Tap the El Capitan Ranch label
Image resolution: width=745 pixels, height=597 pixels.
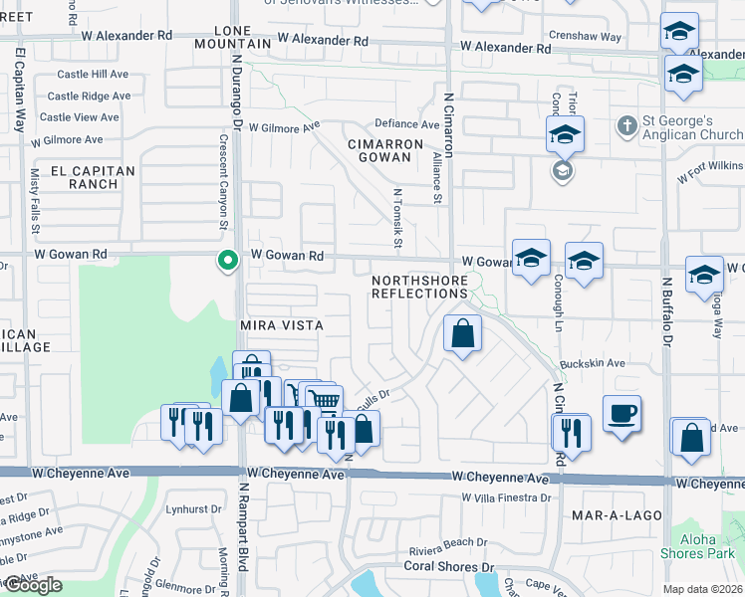pyautogui.click(x=88, y=177)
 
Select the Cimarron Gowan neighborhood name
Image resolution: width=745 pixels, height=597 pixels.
pyautogui.click(x=385, y=150)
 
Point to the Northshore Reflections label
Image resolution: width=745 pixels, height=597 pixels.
pyautogui.click(x=419, y=288)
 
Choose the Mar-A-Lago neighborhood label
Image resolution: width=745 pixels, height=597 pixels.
pyautogui.click(x=612, y=515)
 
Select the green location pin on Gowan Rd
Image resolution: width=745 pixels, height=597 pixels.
pyautogui.click(x=228, y=261)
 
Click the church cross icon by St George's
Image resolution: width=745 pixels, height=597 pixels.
pyautogui.click(x=626, y=126)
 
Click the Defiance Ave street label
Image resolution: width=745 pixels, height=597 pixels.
pyautogui.click(x=406, y=124)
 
